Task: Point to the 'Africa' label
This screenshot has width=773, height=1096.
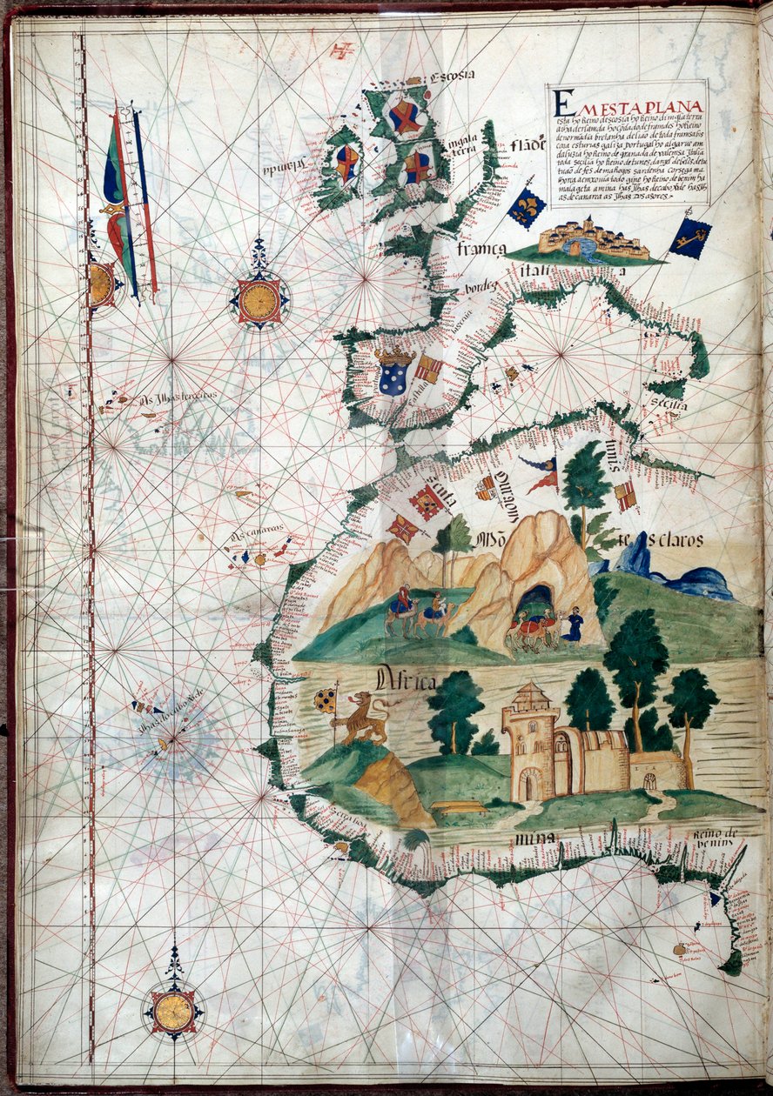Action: point(407,681)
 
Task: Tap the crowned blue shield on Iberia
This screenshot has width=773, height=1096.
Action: point(394,371)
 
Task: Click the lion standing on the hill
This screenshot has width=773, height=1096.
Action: point(363,716)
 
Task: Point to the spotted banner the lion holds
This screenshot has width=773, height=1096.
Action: point(325,700)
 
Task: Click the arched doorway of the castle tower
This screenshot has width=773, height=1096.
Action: point(528,787)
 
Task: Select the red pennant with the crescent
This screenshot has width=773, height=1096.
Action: point(541,475)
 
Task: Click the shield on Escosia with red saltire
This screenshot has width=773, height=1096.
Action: point(405,116)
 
